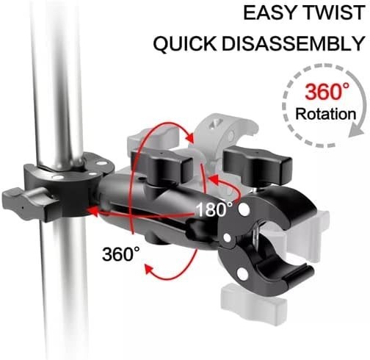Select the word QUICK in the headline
pos(185,43)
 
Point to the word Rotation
pos(326,114)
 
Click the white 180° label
pos(214,209)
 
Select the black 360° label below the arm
pos(121,254)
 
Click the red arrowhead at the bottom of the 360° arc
pos(150,270)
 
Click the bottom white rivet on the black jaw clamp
pos(242,272)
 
